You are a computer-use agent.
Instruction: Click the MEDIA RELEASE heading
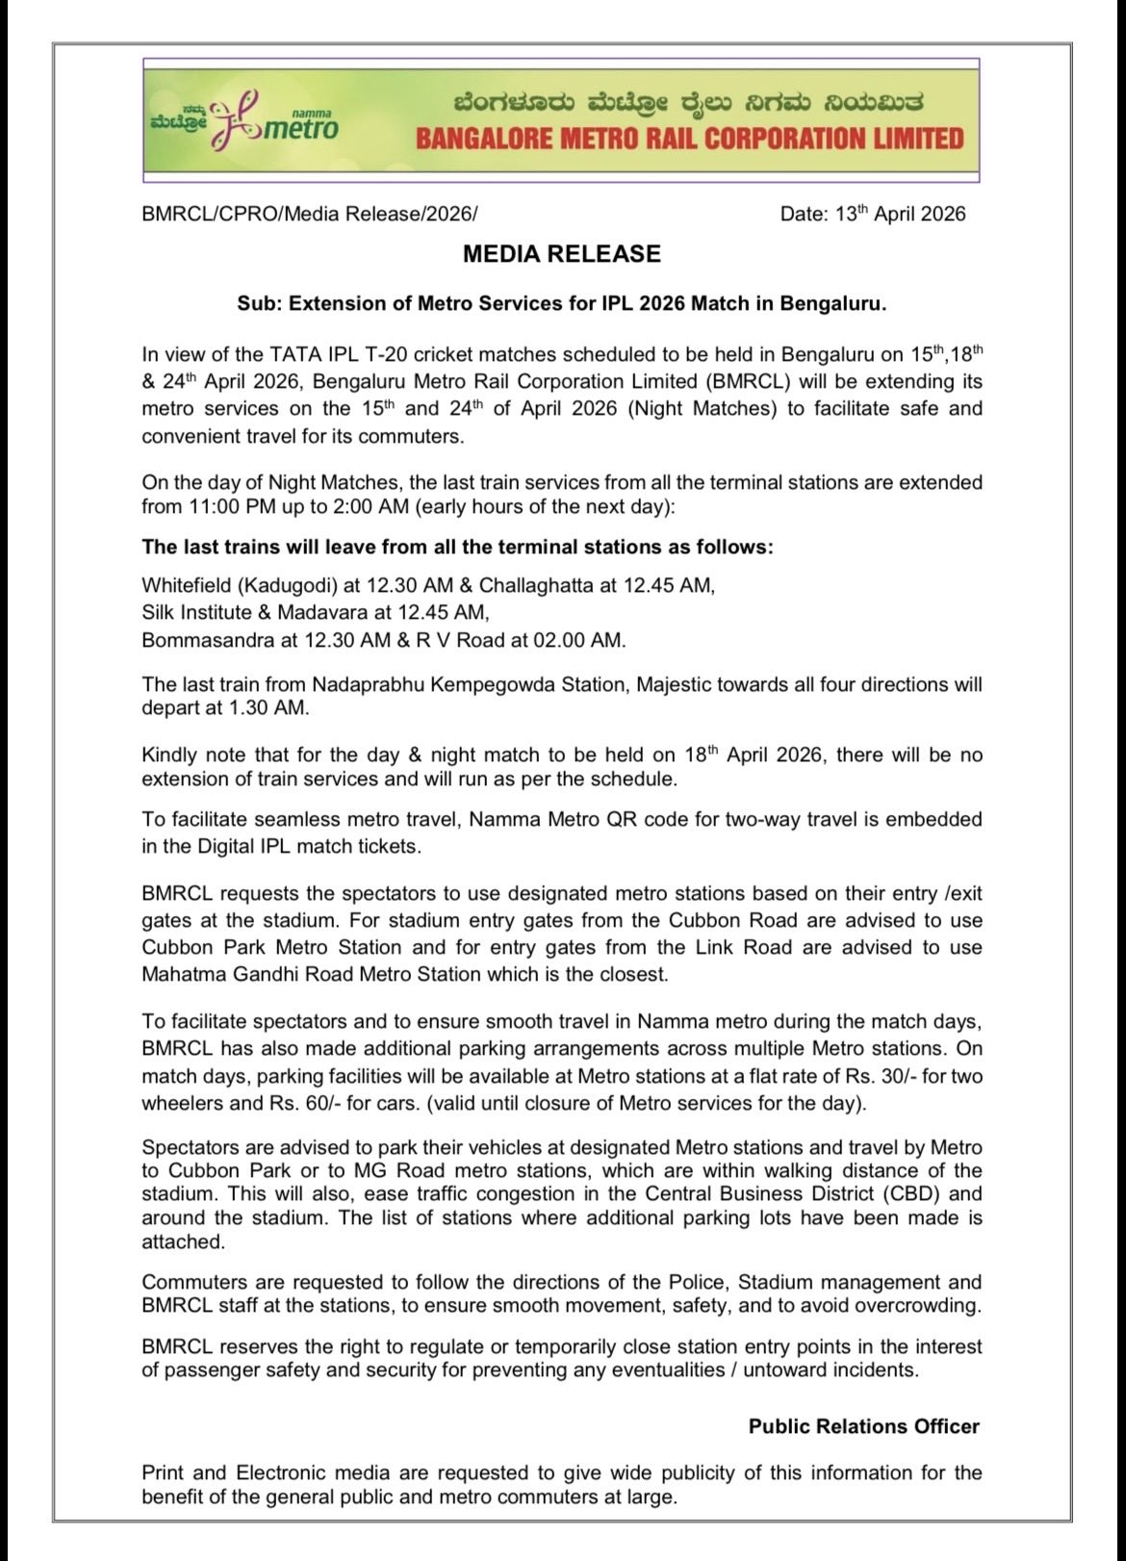point(562,254)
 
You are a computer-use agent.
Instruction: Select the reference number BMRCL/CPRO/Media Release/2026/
point(309,214)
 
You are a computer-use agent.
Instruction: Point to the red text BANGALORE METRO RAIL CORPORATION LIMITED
point(689,139)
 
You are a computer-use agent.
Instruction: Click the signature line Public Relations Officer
point(864,1426)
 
